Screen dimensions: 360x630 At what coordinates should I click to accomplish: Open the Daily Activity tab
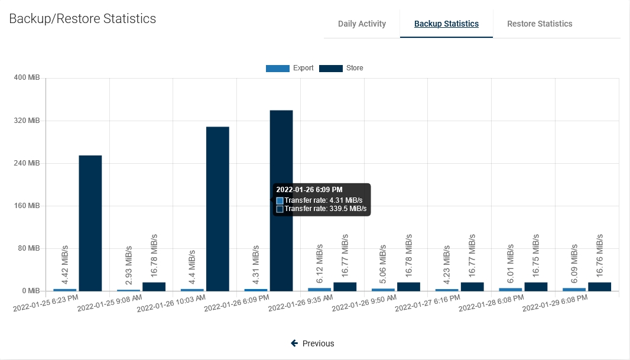pyautogui.click(x=362, y=24)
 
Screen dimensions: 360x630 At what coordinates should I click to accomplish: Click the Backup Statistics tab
pyautogui.click(x=446, y=24)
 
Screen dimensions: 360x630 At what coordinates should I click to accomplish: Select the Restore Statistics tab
pyautogui.click(x=540, y=24)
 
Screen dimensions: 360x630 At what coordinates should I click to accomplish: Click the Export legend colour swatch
pyautogui.click(x=277, y=69)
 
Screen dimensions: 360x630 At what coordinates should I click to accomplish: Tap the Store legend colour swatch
pyautogui.click(x=330, y=69)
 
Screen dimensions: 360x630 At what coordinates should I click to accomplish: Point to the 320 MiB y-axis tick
pyautogui.click(x=27, y=121)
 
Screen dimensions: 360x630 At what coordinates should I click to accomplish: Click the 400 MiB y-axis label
pyautogui.click(x=27, y=78)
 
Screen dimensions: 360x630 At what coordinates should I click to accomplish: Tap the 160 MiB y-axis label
pyautogui.click(x=27, y=206)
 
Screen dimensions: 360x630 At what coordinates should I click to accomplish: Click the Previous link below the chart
pyautogui.click(x=313, y=343)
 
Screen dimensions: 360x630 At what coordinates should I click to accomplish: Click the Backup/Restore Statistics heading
pyautogui.click(x=83, y=19)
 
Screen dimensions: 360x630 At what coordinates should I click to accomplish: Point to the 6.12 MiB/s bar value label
pyautogui.click(x=320, y=262)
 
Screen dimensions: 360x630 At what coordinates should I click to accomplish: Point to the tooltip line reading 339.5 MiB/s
pyautogui.click(x=325, y=209)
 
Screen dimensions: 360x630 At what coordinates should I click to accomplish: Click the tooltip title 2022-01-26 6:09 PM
pyautogui.click(x=310, y=190)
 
